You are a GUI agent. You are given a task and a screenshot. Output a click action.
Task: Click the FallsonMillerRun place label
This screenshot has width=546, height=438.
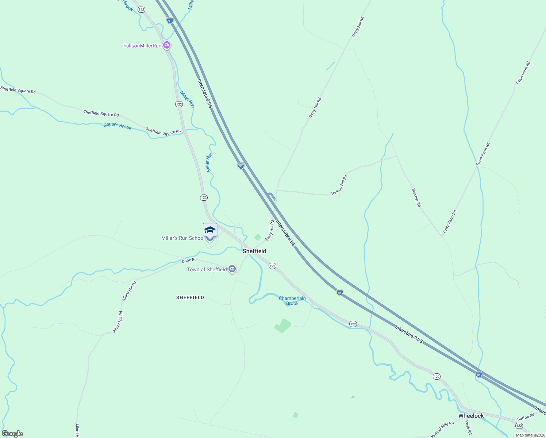coord(142,46)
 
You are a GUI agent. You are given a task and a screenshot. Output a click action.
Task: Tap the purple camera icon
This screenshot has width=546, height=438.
coord(167,45)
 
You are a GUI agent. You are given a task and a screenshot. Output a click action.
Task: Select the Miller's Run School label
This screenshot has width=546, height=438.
coord(183,238)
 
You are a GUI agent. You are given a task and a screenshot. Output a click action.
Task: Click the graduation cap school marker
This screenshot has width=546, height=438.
coord(210,230)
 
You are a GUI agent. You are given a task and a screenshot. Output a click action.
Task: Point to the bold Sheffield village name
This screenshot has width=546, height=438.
coord(254,251)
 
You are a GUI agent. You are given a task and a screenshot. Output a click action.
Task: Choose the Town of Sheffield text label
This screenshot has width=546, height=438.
coord(207,269)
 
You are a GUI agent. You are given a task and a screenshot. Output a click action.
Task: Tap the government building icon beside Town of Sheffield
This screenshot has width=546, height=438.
coord(232,269)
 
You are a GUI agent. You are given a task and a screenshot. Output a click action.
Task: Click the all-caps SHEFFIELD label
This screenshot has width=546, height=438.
coord(190,297)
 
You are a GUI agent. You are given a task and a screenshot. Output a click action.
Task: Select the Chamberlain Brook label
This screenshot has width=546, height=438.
coord(292,301)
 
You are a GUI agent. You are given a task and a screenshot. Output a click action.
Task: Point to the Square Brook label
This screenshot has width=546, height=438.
coord(118,126)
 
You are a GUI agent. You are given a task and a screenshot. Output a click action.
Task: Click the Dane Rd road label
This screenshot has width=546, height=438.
coord(189,260)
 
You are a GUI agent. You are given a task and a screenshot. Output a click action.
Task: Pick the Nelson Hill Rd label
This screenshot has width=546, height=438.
coord(339,185)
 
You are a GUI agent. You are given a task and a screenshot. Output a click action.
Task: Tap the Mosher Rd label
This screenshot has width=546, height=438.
coord(416,197)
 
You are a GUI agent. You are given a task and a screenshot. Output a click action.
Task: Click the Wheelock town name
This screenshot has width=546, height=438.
coord(471,416)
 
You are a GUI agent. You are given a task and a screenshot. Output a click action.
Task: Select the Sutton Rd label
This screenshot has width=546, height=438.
coord(526,417)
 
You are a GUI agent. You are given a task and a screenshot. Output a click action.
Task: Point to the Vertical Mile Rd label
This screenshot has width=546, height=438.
coord(442,429)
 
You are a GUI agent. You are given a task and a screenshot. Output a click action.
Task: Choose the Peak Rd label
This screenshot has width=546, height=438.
coord(468,427)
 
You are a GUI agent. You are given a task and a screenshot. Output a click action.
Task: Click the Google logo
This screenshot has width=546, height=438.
coord(12,434)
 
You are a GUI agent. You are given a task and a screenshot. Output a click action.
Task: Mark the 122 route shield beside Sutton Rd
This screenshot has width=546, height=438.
coord(519,426)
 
